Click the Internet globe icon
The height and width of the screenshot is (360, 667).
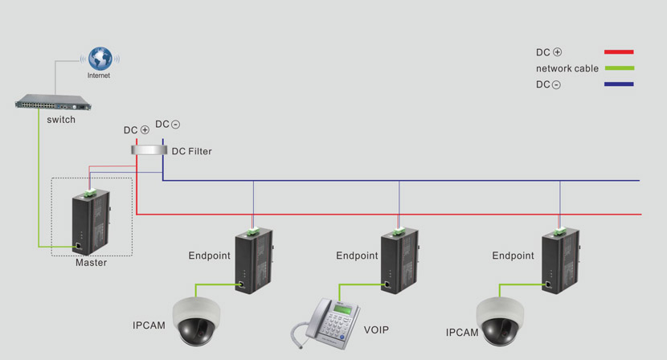pos(100,59)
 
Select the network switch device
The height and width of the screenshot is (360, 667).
pos(53,102)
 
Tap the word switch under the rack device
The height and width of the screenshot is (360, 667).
pos(61,120)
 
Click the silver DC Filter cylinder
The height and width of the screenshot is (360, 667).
pos(149,149)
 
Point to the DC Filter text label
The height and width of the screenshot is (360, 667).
pos(191,151)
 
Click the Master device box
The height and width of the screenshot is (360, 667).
pos(91,222)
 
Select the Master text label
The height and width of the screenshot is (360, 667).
pos(91,263)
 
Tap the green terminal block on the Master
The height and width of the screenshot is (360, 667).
pos(90,193)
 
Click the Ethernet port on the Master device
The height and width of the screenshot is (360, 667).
pos(79,246)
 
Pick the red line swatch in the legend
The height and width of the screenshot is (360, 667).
pos(619,52)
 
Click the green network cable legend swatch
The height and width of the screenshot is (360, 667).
pos(620,68)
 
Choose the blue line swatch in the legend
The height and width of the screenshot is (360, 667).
pos(619,84)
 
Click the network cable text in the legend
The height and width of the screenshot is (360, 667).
pos(567,68)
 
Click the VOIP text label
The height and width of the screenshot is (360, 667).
pos(376,329)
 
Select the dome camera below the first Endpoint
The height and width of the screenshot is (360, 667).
pos(197,321)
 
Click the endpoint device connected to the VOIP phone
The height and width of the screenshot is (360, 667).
pos(400,260)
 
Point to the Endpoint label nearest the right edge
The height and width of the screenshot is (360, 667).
pos(513,256)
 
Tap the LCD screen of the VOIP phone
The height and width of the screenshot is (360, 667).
pos(342,310)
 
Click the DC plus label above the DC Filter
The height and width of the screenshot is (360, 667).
pos(136,130)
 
